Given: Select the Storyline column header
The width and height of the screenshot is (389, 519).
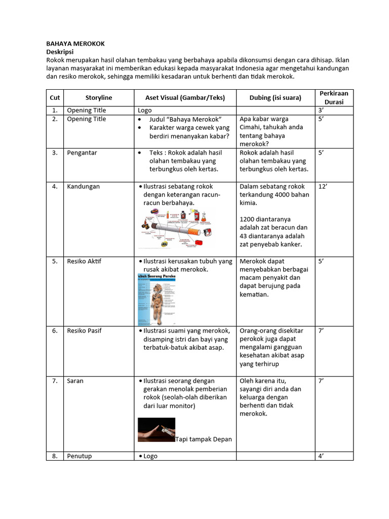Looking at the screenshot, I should [99, 97].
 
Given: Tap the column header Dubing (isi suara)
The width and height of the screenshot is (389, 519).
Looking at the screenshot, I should [275, 97].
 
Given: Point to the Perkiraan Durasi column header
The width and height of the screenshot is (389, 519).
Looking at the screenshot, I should [334, 97].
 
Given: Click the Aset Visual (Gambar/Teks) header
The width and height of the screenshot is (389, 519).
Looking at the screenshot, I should [185, 97].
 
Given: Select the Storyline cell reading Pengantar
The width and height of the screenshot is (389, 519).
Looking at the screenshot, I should [82, 153].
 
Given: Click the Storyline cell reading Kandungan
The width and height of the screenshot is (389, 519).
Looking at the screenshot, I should [84, 187].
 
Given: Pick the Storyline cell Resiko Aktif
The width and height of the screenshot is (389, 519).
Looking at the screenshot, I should [84, 262].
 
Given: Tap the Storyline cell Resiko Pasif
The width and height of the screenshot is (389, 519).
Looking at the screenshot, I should [84, 331].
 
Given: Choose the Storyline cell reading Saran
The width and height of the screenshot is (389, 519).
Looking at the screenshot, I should [75, 381].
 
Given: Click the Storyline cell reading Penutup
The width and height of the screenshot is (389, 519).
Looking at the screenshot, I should [80, 456].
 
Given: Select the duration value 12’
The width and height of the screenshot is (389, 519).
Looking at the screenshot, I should [323, 187].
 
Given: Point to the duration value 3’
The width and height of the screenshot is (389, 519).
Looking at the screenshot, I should [321, 110].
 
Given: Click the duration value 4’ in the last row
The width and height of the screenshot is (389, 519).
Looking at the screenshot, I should [321, 456].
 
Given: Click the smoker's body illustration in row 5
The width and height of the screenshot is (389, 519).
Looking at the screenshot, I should [157, 299].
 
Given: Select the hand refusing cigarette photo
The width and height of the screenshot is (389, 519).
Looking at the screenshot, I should [157, 430].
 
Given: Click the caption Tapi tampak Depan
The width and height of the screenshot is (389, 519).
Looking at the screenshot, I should [204, 439].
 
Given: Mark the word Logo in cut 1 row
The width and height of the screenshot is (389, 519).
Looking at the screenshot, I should [145, 110].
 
